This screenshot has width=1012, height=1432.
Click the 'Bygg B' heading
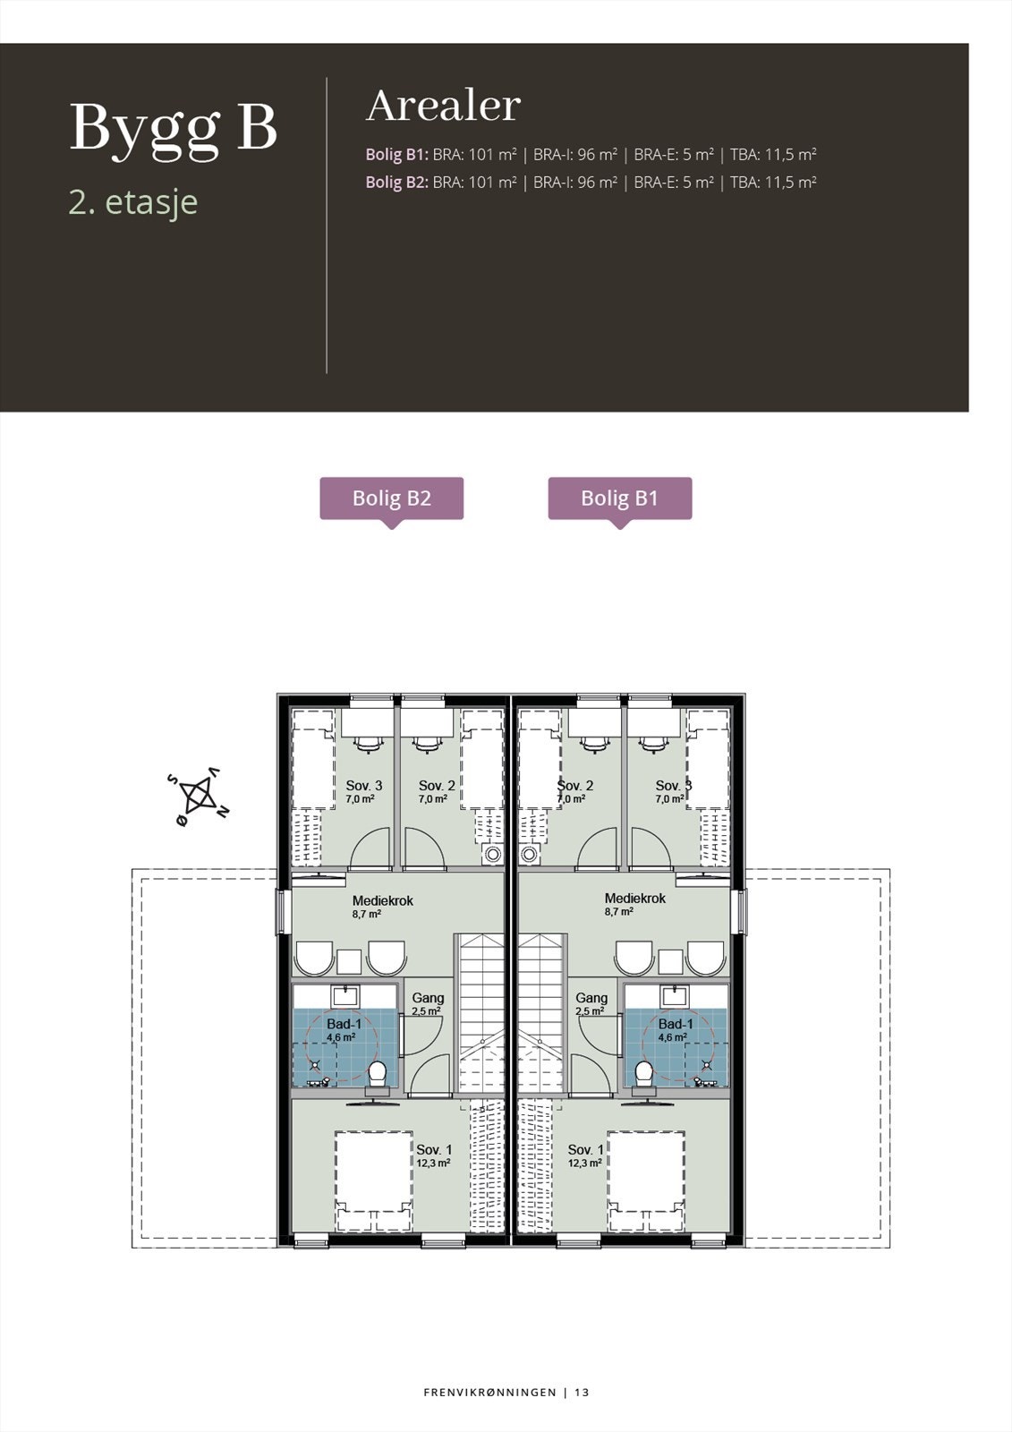[x=174, y=129]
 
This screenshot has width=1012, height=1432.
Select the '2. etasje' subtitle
[x=132, y=202]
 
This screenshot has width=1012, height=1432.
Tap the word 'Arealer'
[x=443, y=107]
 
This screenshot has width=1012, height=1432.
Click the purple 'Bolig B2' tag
[x=392, y=499]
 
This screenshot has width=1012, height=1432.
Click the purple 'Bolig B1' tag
[x=619, y=499]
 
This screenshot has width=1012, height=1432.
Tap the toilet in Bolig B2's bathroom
[x=378, y=1071]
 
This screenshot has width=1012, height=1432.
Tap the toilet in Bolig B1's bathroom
[x=642, y=1071]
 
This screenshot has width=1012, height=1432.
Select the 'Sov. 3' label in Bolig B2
[x=363, y=786]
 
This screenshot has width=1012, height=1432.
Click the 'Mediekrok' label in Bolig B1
[x=634, y=899]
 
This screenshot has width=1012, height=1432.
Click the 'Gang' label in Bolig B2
[x=428, y=998]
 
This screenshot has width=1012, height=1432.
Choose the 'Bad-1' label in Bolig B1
[x=676, y=1025]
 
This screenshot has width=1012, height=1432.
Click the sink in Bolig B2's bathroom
[x=344, y=994]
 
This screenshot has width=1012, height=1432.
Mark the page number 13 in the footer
[x=582, y=1393]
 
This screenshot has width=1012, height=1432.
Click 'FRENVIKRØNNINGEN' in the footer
[x=489, y=1393]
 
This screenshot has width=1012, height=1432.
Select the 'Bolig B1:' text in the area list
[x=396, y=155]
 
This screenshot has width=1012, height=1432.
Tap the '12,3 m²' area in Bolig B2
[x=433, y=1163]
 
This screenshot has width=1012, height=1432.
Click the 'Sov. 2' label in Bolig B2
[x=437, y=786]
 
